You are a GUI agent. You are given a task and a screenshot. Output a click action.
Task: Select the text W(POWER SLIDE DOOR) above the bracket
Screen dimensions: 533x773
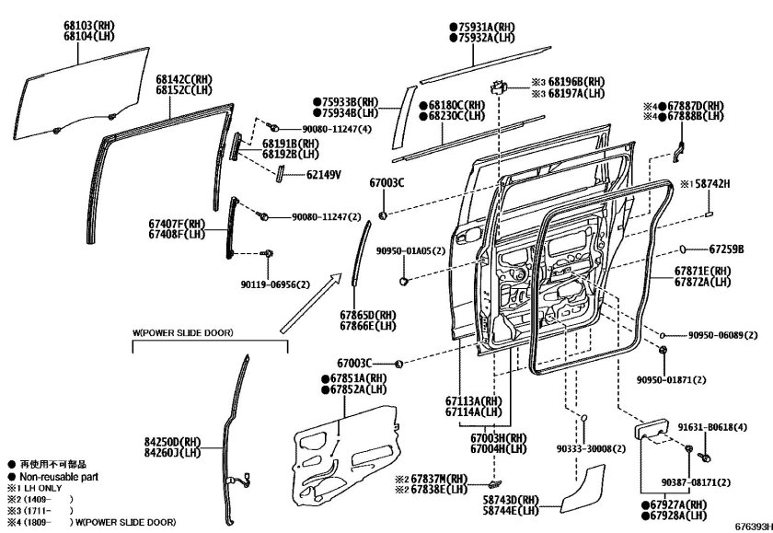pos(181,331)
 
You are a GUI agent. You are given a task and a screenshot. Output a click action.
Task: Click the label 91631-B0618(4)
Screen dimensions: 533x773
pos(721,427)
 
